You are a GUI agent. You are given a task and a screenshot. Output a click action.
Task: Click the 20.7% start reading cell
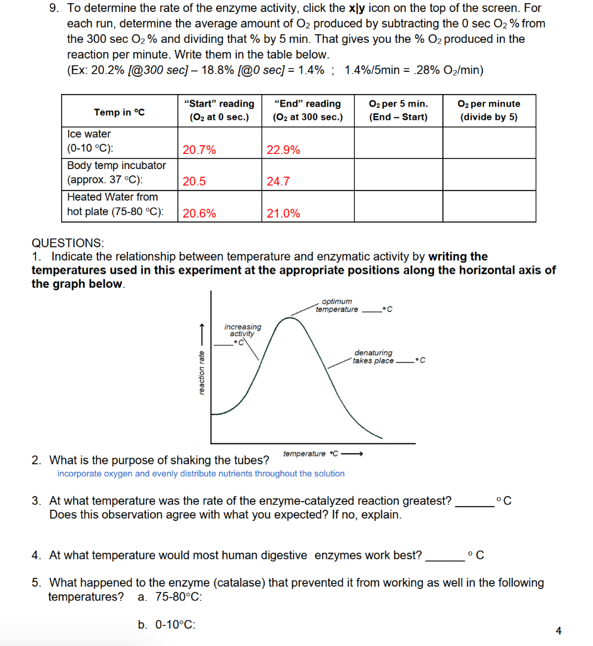click(199, 150)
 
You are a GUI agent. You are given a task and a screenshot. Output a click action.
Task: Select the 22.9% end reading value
click(284, 150)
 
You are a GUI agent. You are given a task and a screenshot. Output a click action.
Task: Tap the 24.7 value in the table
click(278, 182)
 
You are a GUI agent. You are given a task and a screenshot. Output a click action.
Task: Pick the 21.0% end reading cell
click(284, 213)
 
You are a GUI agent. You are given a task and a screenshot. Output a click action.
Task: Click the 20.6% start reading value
click(199, 213)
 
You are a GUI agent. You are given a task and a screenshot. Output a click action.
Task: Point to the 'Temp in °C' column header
click(120, 112)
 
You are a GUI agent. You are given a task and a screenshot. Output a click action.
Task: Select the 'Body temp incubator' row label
click(117, 165)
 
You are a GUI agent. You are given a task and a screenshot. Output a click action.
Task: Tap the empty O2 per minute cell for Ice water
click(489, 143)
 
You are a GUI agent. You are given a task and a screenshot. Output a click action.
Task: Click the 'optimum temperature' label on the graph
click(337, 305)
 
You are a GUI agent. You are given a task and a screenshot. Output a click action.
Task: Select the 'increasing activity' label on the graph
click(243, 330)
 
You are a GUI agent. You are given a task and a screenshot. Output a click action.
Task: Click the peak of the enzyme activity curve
click(289, 318)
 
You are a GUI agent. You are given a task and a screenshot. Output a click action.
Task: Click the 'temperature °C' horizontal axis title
click(311, 454)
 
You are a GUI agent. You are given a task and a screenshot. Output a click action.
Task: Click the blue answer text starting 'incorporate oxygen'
click(200, 474)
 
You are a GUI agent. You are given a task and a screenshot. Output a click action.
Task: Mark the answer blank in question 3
click(474, 502)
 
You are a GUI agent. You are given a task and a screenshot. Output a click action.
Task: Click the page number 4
click(558, 630)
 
